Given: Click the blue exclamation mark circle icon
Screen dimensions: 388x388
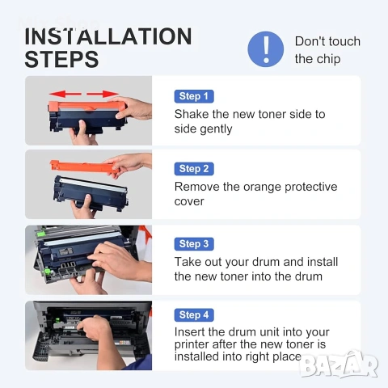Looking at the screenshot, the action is (266, 49).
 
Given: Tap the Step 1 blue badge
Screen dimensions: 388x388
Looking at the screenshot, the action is (194, 96).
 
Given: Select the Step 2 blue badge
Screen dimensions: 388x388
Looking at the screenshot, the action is (194, 169).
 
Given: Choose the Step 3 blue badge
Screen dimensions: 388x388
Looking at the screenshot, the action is (194, 244).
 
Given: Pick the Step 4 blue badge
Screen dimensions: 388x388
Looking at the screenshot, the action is (194, 315).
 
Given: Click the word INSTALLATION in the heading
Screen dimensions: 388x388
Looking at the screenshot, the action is (108, 36).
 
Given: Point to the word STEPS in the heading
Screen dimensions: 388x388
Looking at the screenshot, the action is (61, 59).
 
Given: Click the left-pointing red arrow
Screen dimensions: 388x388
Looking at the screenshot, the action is (65, 94).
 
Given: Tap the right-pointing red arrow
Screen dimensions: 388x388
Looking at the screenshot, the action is (103, 94).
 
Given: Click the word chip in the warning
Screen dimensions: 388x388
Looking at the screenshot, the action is (328, 59).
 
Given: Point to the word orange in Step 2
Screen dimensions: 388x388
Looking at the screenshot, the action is (262, 188).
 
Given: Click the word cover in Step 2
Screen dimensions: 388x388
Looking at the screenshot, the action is (189, 202).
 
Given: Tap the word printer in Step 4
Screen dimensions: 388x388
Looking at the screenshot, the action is (192, 345).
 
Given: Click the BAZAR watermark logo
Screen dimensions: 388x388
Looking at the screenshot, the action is (339, 365).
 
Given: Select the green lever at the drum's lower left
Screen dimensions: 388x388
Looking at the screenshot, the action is (48, 272).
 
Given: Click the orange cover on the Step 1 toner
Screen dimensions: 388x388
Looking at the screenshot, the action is (87, 106).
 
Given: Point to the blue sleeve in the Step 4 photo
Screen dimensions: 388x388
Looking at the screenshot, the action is (138, 363).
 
